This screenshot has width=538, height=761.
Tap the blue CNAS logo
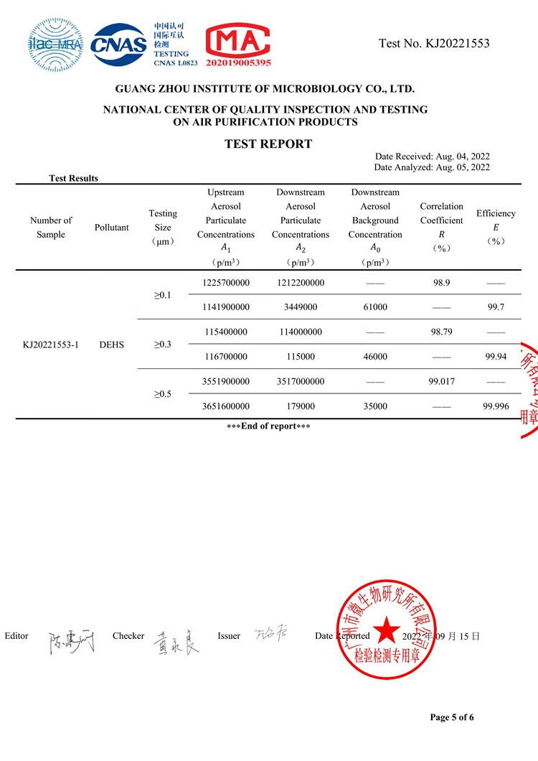(119, 44)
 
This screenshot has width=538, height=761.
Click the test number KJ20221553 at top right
(434, 44)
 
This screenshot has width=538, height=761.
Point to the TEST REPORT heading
(268, 144)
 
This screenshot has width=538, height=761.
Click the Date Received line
(432, 157)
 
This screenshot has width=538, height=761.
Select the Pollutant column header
(112, 228)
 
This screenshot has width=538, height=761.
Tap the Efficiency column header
(496, 227)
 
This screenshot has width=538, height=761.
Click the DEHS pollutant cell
(112, 345)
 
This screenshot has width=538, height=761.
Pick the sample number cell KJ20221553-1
(51, 345)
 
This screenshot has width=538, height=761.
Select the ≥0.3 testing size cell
(163, 345)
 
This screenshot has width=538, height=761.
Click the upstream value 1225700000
(225, 283)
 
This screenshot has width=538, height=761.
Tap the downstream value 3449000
(301, 307)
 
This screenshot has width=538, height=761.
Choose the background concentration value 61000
(375, 307)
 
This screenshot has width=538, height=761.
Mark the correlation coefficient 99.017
(442, 382)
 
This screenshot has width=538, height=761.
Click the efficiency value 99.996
(496, 406)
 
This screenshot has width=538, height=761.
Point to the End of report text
(268, 426)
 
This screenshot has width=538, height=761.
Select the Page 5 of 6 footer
(452, 717)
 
